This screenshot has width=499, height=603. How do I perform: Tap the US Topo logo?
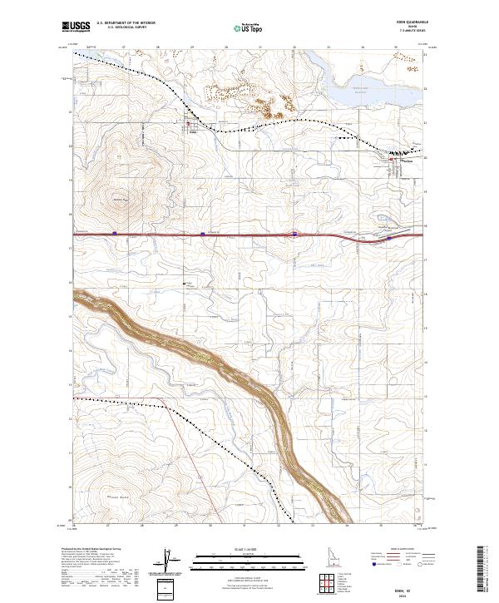point(249,29)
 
